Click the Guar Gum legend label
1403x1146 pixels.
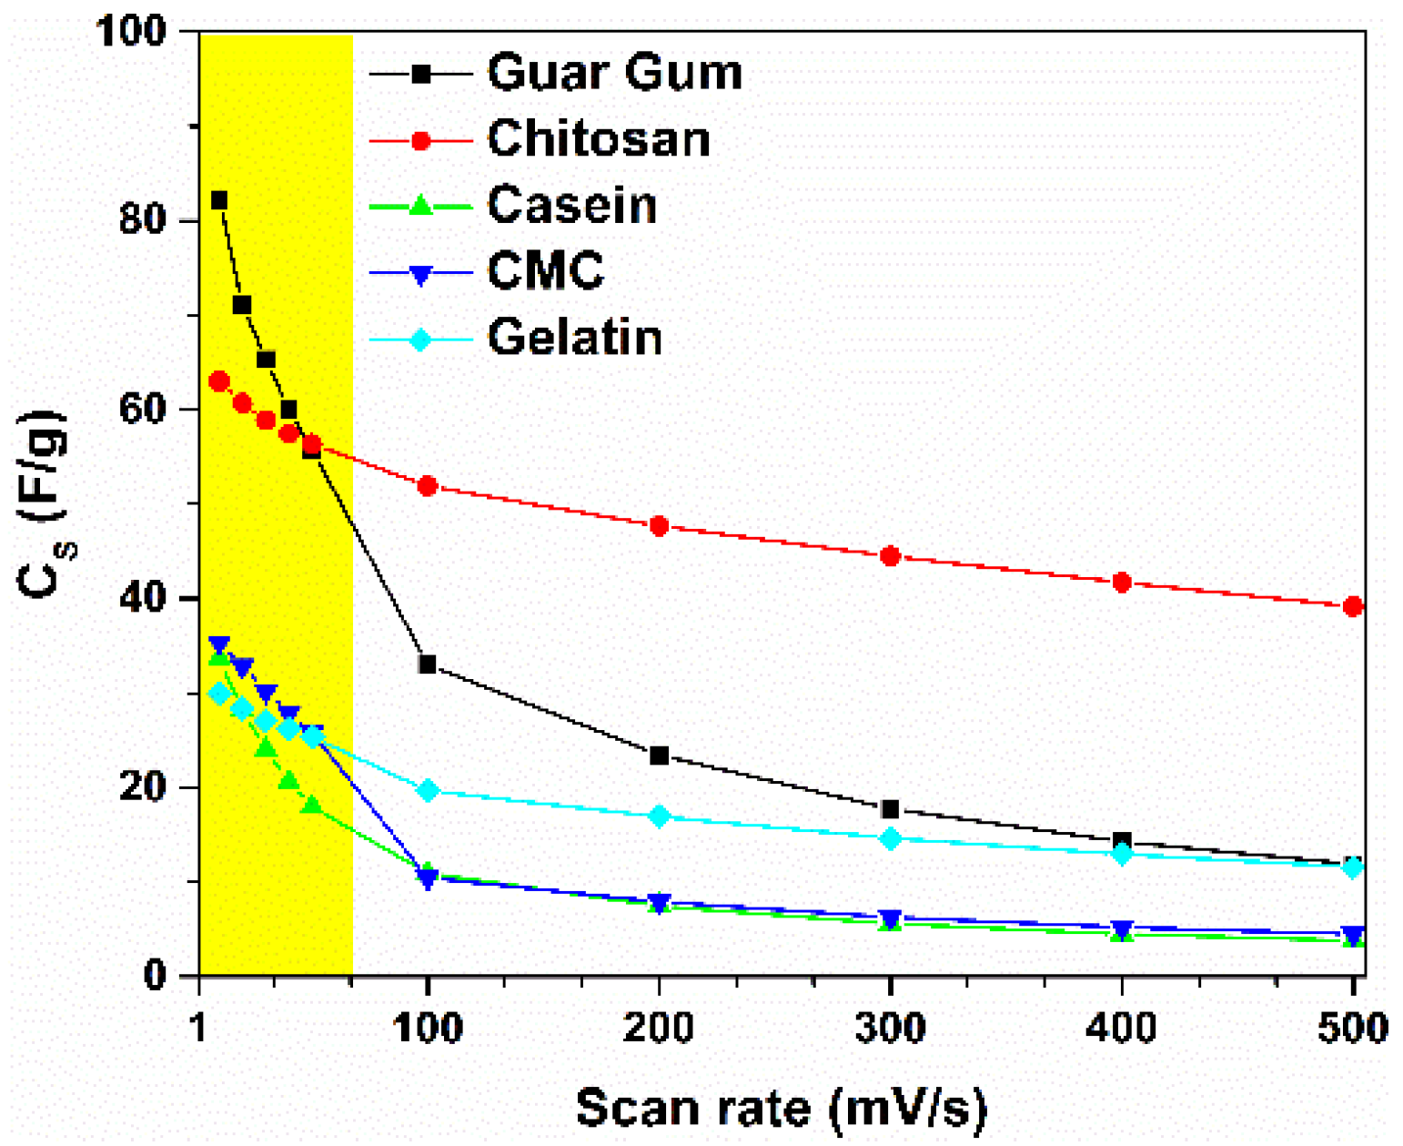(x=614, y=72)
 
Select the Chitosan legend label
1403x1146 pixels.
(x=598, y=139)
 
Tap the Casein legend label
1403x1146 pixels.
(x=571, y=205)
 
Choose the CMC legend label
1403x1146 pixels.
(x=545, y=270)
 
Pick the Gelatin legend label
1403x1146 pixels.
(x=574, y=338)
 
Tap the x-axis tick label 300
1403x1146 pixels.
(x=891, y=1028)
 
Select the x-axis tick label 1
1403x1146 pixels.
(x=199, y=1028)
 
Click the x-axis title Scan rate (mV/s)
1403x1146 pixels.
(x=782, y=1108)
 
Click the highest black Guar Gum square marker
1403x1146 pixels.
(x=219, y=200)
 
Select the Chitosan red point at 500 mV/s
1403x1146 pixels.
(x=1353, y=606)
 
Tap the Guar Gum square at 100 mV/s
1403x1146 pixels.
(x=427, y=664)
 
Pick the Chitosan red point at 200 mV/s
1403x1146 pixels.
(x=660, y=525)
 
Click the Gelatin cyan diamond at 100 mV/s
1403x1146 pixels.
(x=428, y=790)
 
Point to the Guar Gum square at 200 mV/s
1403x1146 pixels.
(x=660, y=756)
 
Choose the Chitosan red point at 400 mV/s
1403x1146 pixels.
(x=1122, y=582)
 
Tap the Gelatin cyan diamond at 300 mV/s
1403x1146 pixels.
(x=891, y=838)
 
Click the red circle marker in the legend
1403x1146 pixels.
(x=420, y=140)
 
